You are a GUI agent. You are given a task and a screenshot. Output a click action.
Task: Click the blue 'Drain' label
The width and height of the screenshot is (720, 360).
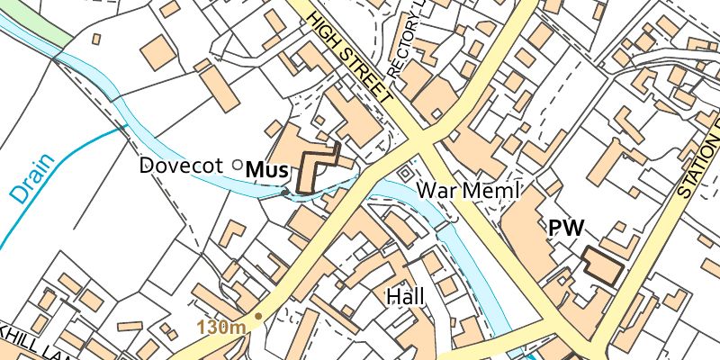click(x=33, y=179)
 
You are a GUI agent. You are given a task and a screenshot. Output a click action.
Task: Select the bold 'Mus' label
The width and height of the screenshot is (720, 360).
click(x=266, y=169)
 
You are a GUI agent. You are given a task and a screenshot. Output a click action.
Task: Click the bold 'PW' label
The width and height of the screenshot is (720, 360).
click(x=566, y=229)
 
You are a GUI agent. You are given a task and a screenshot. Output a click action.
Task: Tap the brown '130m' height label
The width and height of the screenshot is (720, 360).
click(x=221, y=326)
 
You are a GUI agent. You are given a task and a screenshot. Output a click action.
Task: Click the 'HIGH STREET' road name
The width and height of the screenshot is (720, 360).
click(x=349, y=55)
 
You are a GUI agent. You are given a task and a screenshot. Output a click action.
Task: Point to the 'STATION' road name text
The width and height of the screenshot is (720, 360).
click(x=698, y=162)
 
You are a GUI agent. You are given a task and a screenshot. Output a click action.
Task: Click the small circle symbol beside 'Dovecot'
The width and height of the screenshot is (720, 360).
click(x=237, y=164)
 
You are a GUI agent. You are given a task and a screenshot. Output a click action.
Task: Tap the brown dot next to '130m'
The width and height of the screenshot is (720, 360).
click(x=258, y=316)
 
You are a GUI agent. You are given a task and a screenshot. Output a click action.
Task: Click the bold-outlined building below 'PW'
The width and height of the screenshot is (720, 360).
click(x=602, y=266)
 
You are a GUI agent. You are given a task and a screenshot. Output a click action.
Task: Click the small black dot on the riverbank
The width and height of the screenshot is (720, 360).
click(x=284, y=192)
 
